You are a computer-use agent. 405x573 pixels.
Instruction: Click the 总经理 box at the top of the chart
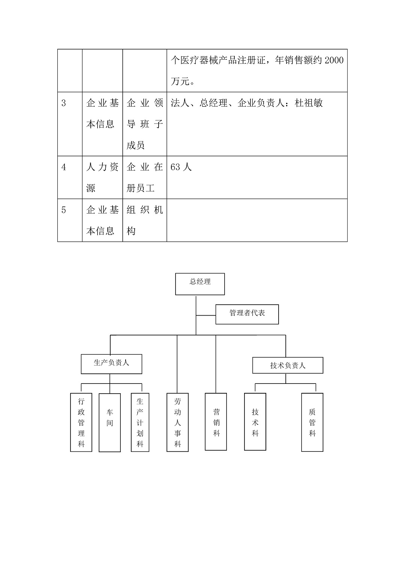200,284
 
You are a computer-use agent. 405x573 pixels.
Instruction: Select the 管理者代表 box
247,314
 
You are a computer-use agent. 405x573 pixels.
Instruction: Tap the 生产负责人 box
111,364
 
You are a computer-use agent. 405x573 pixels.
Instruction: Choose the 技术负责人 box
288,365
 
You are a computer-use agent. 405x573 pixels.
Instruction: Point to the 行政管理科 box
81,422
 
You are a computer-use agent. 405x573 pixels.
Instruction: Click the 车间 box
109,423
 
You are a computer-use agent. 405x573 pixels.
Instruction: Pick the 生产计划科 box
140,422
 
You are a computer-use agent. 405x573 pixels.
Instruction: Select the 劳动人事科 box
177,422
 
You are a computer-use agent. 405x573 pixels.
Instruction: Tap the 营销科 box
216,421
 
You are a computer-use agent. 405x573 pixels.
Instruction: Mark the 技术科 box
255,421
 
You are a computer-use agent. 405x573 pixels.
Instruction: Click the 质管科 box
312,422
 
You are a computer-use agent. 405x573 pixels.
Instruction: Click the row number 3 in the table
64,103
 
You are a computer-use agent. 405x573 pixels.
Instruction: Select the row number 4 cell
64,167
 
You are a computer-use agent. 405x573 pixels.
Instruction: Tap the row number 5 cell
64,210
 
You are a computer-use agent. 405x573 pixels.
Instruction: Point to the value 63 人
181,167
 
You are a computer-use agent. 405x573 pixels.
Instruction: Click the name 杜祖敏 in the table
309,103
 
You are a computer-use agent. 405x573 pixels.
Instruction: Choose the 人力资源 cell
102,177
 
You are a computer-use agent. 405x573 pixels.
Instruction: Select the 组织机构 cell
144,220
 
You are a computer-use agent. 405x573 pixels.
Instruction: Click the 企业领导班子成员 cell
144,124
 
